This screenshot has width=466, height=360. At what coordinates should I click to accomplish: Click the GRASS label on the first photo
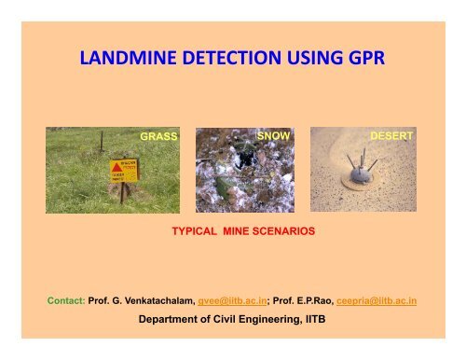pos(158,136)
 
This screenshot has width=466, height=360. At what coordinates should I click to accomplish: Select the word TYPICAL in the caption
pos(197,227)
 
